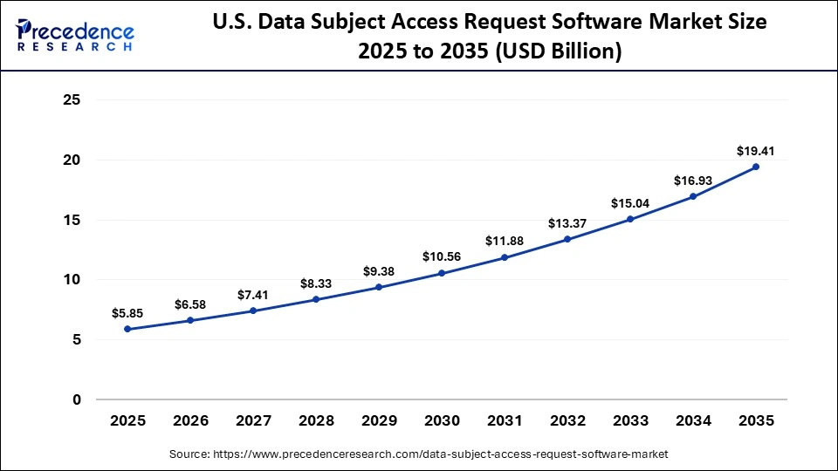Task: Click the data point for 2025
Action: point(127,329)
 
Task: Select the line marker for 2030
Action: point(442,273)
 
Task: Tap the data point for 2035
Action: point(756,167)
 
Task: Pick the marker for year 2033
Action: point(630,219)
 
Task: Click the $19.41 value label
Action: point(756,151)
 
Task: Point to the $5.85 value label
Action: point(127,313)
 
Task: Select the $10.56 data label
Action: point(442,256)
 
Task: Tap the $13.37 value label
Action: point(567,223)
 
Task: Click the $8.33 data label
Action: point(316,283)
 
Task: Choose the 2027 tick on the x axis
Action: point(253,420)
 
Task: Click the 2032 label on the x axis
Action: point(567,420)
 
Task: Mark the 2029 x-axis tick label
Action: point(379,420)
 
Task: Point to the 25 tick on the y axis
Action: point(72,100)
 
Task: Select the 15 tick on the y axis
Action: point(72,220)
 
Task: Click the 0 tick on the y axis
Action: point(77,400)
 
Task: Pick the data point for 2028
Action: point(316,299)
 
